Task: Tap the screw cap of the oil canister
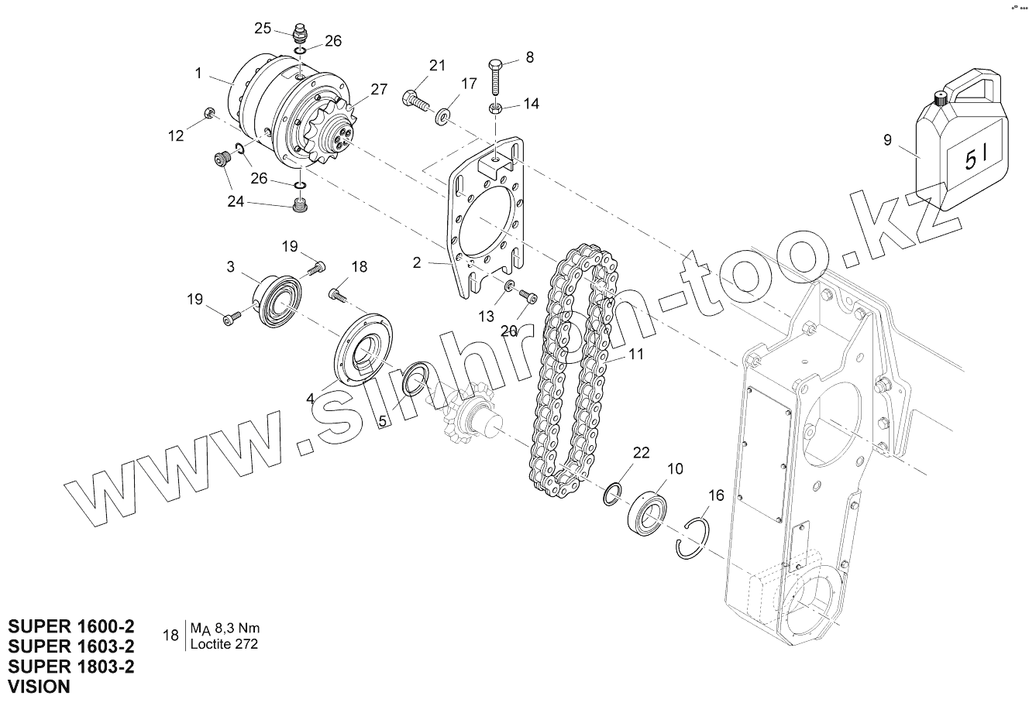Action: (941, 98)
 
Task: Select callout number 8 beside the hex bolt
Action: (530, 57)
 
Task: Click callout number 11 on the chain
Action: (636, 355)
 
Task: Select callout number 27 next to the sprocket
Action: (378, 89)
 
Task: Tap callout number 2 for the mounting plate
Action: (417, 262)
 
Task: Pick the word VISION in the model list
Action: (39, 685)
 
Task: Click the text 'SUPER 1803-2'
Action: (71, 665)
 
